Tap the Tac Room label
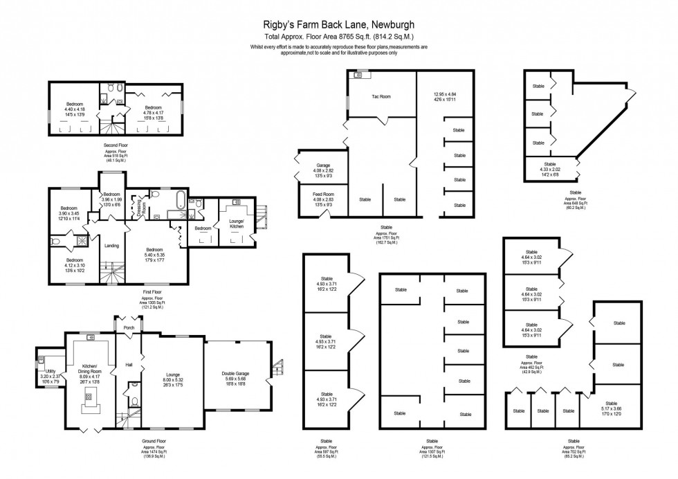tap(381, 97)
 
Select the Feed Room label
tap(324, 195)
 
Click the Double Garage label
tap(235, 373)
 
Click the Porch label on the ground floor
tap(129, 327)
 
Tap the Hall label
tap(129, 364)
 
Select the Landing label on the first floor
tap(111, 245)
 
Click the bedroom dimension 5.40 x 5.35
tap(154, 255)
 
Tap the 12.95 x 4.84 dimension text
tap(445, 94)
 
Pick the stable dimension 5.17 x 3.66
tap(611, 408)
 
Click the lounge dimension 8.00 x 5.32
tap(173, 379)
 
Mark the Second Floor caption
tap(116, 145)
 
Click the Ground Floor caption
tap(154, 441)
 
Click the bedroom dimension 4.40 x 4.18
tap(75, 109)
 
